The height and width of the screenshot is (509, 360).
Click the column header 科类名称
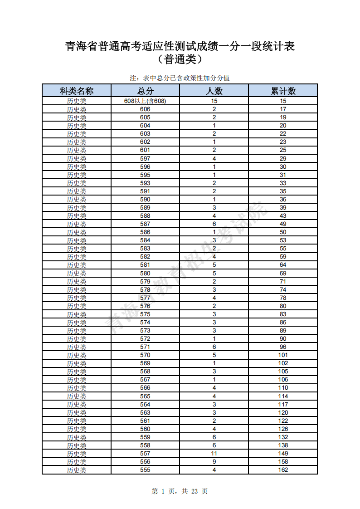[x=77, y=91]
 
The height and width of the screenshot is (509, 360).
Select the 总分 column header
[x=145, y=91]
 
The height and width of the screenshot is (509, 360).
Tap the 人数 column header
[x=214, y=91]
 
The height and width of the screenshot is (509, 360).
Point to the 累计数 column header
[x=283, y=91]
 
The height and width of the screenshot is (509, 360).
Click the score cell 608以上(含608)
[x=145, y=101]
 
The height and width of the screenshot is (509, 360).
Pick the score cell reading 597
[x=145, y=158]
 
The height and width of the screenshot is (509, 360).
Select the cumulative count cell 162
[x=283, y=470]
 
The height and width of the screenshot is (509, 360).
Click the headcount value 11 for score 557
[x=214, y=453]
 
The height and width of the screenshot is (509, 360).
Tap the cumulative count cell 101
[x=283, y=355]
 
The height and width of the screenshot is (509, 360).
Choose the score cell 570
[x=145, y=355]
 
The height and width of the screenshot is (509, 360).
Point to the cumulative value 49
[x=283, y=224]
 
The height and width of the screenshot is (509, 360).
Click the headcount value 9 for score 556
[x=214, y=461]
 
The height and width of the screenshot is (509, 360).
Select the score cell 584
[x=145, y=240]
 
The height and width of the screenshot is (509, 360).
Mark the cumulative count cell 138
[x=283, y=445]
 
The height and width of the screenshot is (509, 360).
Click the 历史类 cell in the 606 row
[x=77, y=109]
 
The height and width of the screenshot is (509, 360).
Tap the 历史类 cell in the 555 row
[x=77, y=470]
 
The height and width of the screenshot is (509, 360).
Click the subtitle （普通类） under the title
[x=180, y=59]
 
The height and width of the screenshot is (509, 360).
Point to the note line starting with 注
[x=180, y=78]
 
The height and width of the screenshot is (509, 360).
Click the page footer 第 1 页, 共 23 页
[x=180, y=491]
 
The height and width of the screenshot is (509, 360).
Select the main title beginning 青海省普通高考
[x=180, y=46]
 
